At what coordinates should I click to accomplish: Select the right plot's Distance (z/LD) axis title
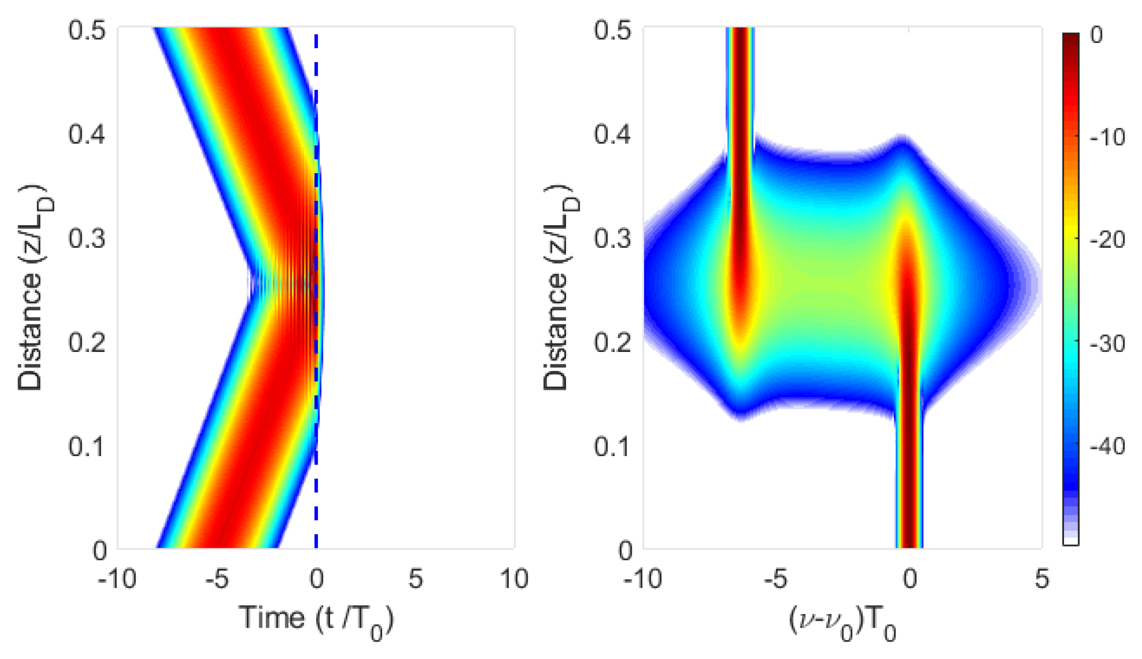558,288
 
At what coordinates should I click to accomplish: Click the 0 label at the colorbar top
1097,35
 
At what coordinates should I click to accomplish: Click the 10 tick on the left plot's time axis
514,579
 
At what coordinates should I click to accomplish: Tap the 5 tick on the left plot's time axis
415,579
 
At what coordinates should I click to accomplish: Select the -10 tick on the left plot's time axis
117,579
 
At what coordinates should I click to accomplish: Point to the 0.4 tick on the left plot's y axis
86,134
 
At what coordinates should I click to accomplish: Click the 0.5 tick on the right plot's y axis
612,31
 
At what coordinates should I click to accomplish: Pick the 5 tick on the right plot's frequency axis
1041,579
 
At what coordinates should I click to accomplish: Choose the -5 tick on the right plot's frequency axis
776,579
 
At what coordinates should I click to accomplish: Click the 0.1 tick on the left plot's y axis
86,446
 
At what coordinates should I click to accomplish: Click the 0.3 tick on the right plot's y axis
612,238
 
